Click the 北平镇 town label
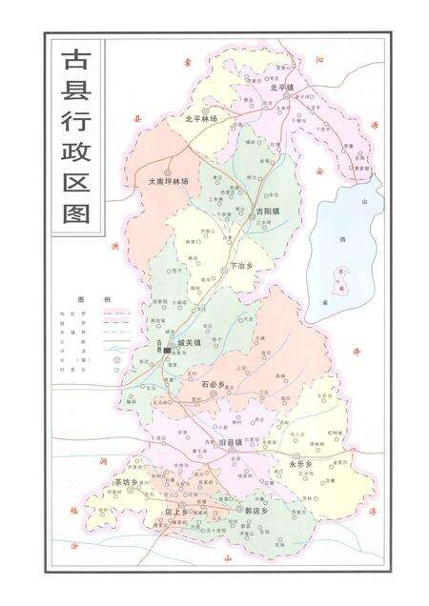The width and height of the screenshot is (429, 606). (284, 88)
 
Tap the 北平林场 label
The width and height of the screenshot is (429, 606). (201, 119)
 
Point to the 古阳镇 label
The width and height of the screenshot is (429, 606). (268, 210)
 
